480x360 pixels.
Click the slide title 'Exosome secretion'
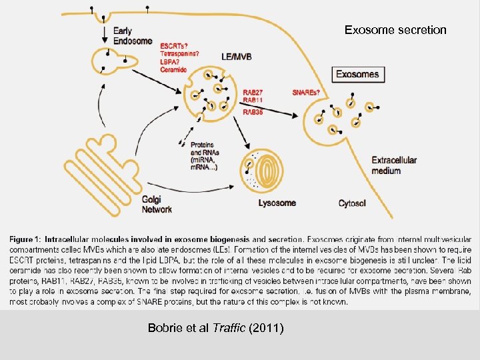coord(395,30)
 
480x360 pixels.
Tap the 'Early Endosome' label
coord(129,36)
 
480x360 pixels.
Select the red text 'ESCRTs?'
coord(173,46)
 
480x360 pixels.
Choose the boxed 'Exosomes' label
coord(357,74)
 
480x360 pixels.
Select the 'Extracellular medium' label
coord(394,165)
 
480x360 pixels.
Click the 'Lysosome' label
coord(277,203)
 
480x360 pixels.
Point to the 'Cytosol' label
coord(352,203)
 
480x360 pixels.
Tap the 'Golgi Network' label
coord(157,204)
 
